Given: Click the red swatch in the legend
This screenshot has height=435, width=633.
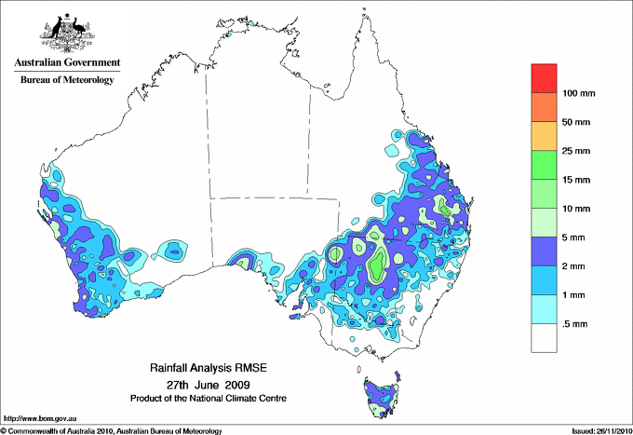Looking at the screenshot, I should tap(544, 77).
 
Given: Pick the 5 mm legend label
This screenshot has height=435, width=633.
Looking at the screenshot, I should tap(575, 238).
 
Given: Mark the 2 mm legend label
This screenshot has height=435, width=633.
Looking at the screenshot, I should tap(575, 266).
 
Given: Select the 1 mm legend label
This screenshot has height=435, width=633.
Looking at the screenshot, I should tap(575, 295).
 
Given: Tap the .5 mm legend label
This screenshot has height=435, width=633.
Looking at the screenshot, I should tap(575, 324).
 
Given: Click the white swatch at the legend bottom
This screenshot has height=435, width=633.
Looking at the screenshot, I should tap(544, 338).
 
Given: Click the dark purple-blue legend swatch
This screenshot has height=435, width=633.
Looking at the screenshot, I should tap(544, 251).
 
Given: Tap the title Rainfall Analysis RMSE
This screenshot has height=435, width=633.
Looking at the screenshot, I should tap(206, 369).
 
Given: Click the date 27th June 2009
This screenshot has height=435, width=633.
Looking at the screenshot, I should tap(206, 384).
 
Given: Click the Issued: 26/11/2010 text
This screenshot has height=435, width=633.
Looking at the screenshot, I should tap(597, 430).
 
